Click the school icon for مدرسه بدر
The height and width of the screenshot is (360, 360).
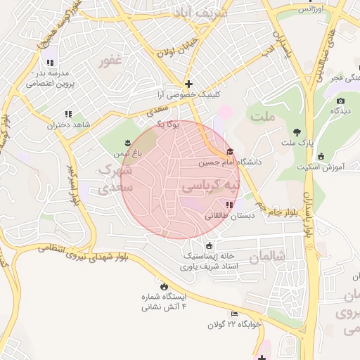49,62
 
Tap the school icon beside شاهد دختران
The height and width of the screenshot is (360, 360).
68,113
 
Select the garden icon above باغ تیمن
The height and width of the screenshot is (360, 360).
129,140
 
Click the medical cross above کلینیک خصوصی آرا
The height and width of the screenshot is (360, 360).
188,84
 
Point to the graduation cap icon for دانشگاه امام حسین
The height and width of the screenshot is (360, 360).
229,152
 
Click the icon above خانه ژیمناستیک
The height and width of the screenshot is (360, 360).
209,245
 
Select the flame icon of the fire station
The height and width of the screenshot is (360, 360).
164,287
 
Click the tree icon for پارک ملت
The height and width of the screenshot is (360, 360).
297,132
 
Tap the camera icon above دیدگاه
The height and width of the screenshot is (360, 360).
341,101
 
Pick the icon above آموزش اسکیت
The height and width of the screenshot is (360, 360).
321,156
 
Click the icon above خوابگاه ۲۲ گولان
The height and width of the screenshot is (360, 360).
235,314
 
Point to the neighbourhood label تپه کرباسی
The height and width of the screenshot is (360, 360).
211,186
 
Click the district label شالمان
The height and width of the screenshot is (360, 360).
269,257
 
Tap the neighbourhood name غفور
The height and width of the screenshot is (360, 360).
110,62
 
